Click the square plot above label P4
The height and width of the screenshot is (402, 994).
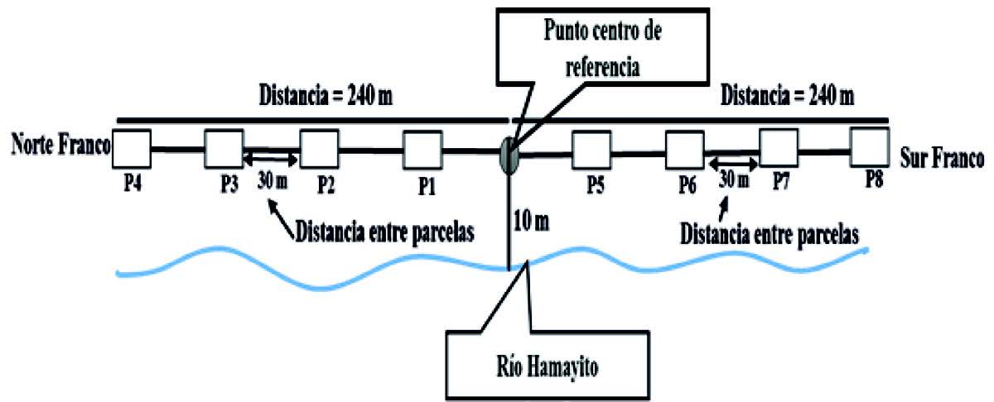[x=131, y=149]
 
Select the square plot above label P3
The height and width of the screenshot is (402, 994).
[x=223, y=149]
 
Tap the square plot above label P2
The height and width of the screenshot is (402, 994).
[x=318, y=149]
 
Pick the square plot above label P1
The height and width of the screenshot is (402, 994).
[x=422, y=150]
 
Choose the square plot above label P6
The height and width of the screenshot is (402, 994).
[x=685, y=150]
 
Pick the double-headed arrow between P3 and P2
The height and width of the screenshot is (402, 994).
[x=271, y=156]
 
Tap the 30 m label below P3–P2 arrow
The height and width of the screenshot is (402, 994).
[x=271, y=181]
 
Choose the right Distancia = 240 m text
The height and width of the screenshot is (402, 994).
[x=787, y=97]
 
